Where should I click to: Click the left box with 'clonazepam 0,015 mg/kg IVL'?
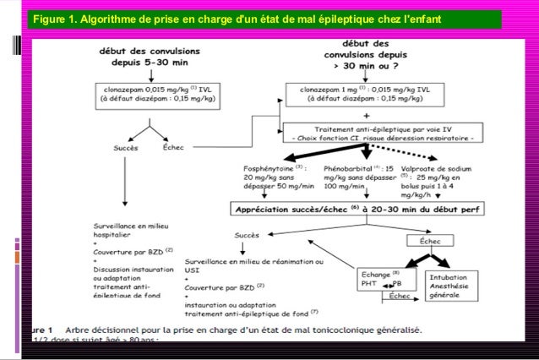pyautogui.click(x=157, y=93)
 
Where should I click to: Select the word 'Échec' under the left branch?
pyautogui.click(x=172, y=147)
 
